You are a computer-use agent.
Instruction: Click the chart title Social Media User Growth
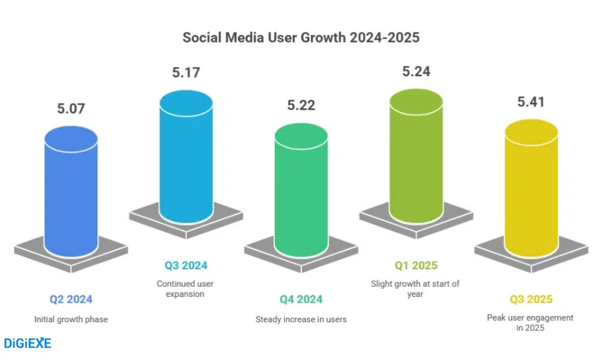[301, 37]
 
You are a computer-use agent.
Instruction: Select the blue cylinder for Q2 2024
[71, 192]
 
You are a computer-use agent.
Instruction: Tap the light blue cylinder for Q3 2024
[186, 159]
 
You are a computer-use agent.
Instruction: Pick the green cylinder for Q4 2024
[301, 192]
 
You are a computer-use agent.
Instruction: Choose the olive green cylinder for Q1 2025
[416, 159]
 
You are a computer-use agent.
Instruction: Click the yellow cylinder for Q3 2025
[531, 192]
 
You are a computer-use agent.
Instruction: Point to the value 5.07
[71, 109]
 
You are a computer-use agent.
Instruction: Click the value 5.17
[186, 73]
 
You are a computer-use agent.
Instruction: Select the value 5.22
[301, 106]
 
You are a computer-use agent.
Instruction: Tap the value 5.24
[416, 72]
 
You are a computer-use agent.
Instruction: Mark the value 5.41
[531, 102]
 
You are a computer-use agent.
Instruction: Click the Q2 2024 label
[71, 299]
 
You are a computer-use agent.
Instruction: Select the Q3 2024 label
[186, 265]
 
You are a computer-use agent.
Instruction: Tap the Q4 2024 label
[301, 299]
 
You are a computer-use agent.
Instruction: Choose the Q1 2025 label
[416, 265]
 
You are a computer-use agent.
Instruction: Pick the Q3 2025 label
[531, 299]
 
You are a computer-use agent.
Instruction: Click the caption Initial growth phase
[71, 319]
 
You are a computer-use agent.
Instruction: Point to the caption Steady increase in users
[301, 319]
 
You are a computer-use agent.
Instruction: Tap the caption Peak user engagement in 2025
[530, 323]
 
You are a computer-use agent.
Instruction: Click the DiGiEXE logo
[28, 343]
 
